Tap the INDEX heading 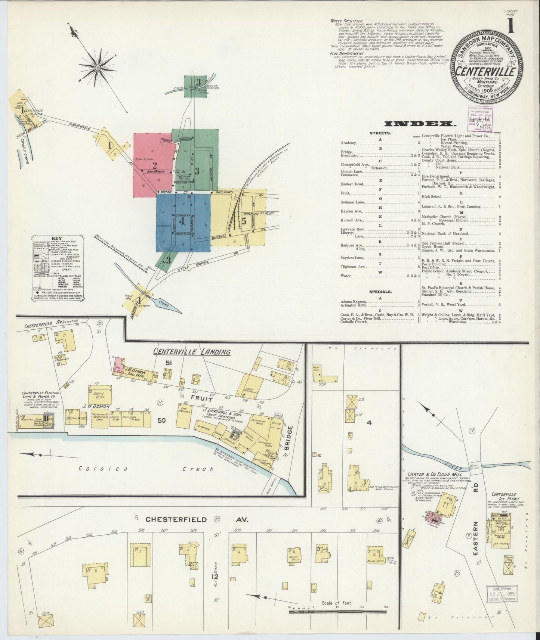coord(420,124)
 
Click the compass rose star coord(98,68)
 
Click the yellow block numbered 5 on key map coord(244,220)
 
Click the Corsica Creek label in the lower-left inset coord(146,469)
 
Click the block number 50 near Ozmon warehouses coord(161,420)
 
